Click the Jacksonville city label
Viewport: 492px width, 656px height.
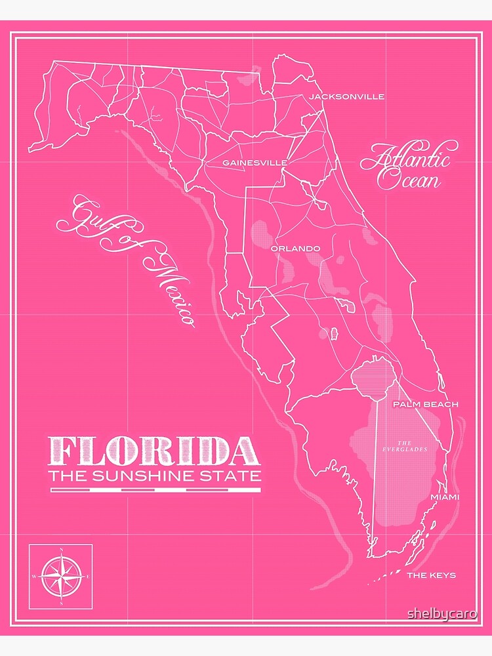346,96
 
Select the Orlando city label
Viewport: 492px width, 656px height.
295,249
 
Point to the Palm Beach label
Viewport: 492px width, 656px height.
426,404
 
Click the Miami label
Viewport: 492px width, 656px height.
444,497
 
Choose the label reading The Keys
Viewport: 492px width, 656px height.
432,575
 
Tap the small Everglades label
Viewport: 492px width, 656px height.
404,446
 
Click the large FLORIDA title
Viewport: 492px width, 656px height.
154,451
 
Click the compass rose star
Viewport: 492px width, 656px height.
61,575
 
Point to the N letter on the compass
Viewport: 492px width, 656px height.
61,551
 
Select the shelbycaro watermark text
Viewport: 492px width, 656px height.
442,613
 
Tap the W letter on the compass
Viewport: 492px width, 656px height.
35,576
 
